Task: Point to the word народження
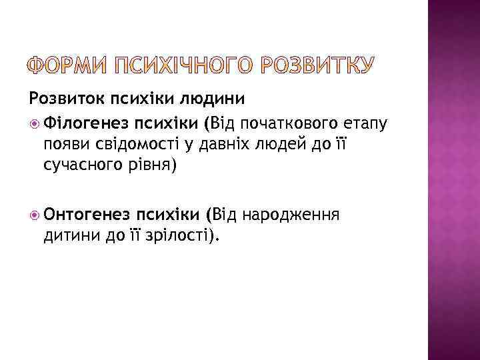pos(293,215)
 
